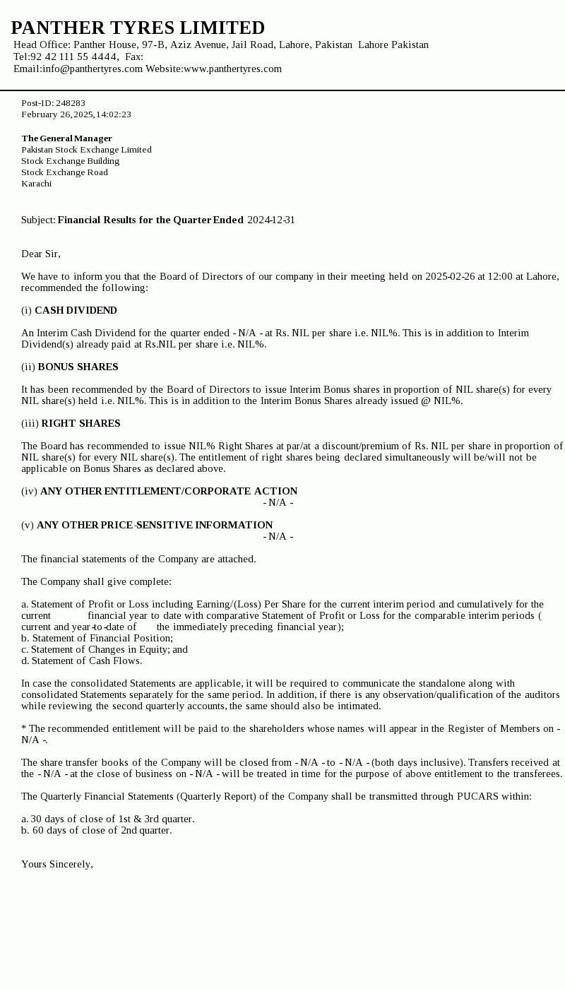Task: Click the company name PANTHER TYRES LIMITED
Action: (138, 28)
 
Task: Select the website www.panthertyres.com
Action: (232, 69)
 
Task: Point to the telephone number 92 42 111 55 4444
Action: (73, 57)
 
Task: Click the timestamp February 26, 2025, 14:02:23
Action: (76, 114)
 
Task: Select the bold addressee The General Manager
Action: (66, 138)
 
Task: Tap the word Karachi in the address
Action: (36, 184)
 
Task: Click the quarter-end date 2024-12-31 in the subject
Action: (271, 220)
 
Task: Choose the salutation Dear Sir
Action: (41, 254)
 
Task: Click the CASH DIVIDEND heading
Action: (76, 310)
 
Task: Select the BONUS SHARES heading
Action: (78, 367)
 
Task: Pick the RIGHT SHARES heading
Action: (81, 423)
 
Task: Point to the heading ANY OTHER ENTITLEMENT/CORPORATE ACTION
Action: (169, 491)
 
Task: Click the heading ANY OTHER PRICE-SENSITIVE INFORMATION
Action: (155, 525)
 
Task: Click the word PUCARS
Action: (478, 796)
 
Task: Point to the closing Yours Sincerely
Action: (57, 864)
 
